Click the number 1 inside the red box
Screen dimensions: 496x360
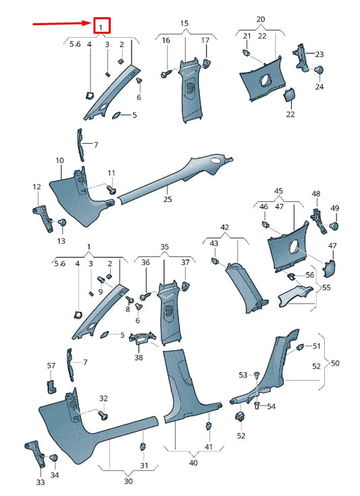click(x=101, y=27)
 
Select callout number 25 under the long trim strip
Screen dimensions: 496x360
click(x=168, y=199)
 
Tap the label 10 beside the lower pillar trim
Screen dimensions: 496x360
click(x=59, y=161)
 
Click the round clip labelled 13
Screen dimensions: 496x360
click(x=62, y=222)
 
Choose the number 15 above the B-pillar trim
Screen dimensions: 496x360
click(x=184, y=24)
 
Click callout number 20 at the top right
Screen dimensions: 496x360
click(x=261, y=20)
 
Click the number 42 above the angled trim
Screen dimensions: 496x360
click(x=225, y=227)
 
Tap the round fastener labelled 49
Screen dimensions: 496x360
click(x=334, y=225)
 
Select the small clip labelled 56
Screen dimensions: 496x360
click(x=292, y=277)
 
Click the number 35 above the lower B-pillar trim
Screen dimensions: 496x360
click(x=164, y=248)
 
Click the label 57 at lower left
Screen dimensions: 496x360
click(x=51, y=366)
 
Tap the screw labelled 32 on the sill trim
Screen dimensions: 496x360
click(x=103, y=414)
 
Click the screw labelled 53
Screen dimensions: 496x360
click(x=257, y=375)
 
